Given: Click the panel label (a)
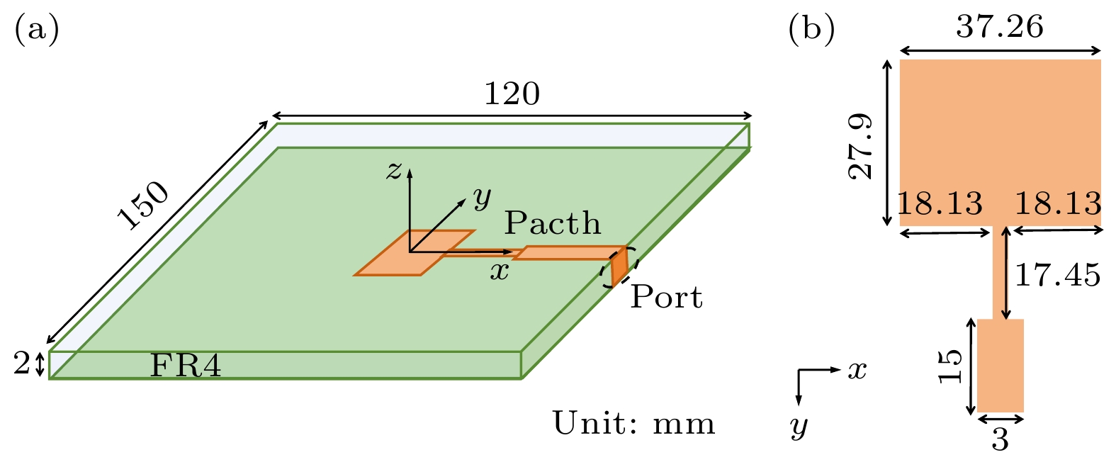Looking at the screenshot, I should coord(36,30).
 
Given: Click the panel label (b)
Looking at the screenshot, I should coord(811,30).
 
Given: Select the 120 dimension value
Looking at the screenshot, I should coord(512,94).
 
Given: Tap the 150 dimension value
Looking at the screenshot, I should coord(144,206).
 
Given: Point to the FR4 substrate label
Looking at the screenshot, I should coord(186,366).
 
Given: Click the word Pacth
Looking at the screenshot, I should coord(552,224).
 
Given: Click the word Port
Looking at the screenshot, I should coord(666,297).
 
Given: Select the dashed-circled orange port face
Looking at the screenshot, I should coord(619,266).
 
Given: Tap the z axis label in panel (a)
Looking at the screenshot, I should coord(394,170).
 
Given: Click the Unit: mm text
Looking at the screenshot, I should coord(633,424).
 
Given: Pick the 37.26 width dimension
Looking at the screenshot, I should coord(1000,28).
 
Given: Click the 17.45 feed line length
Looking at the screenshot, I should coord(1058,275).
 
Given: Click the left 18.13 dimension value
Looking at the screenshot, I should coord(940,204).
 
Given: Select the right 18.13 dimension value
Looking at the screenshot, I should coord(1058,204).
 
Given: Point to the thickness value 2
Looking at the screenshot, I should coord(22,364).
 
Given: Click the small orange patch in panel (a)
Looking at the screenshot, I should coord(415,252).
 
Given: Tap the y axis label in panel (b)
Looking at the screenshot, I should coord(799,426).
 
